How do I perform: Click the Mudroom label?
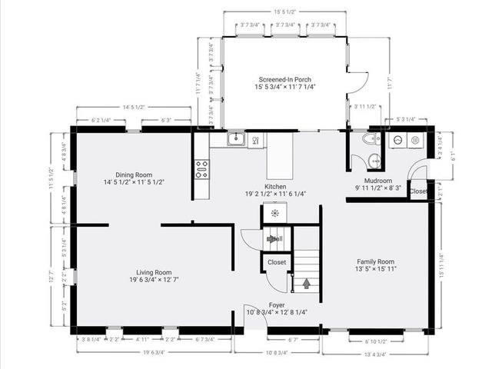coord(378,181)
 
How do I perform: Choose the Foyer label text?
coord(277,305)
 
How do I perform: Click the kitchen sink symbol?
coord(236,140)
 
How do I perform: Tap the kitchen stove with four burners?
coord(201,169)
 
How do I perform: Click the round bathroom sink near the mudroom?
coord(374,161)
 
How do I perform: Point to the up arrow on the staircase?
coord(307,284)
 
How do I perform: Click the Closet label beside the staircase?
coord(277,262)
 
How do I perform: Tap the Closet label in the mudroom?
coord(418,191)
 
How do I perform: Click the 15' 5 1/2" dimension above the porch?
coord(285,12)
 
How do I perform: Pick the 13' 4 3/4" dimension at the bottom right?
coord(377,354)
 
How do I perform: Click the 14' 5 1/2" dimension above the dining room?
coord(135,107)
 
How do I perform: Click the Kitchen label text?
coord(276,187)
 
